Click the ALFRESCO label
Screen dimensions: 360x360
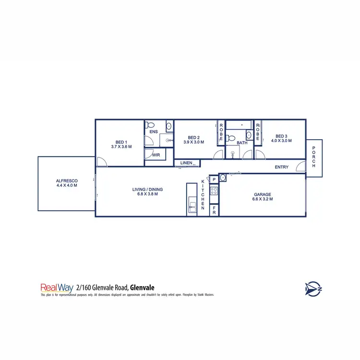coord(66,181)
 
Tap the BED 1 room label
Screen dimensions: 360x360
coord(121,142)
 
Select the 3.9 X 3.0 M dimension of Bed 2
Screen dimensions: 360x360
coord(193,142)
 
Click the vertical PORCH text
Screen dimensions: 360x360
coord(314,156)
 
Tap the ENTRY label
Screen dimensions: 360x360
coord(281,167)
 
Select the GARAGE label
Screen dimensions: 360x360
coord(263,195)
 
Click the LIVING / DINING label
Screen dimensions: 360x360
coord(147,190)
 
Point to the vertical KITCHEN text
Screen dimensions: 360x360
coord(203,194)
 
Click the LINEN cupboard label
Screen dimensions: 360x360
coord(186,163)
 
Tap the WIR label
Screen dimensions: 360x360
coord(156,155)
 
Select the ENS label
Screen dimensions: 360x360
coord(154,132)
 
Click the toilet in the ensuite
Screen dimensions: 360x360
coord(150,124)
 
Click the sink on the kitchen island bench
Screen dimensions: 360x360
coord(192,207)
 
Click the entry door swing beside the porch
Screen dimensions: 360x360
coord(301,167)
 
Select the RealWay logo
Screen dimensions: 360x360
coord(57,288)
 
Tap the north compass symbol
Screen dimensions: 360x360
coord(312,288)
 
